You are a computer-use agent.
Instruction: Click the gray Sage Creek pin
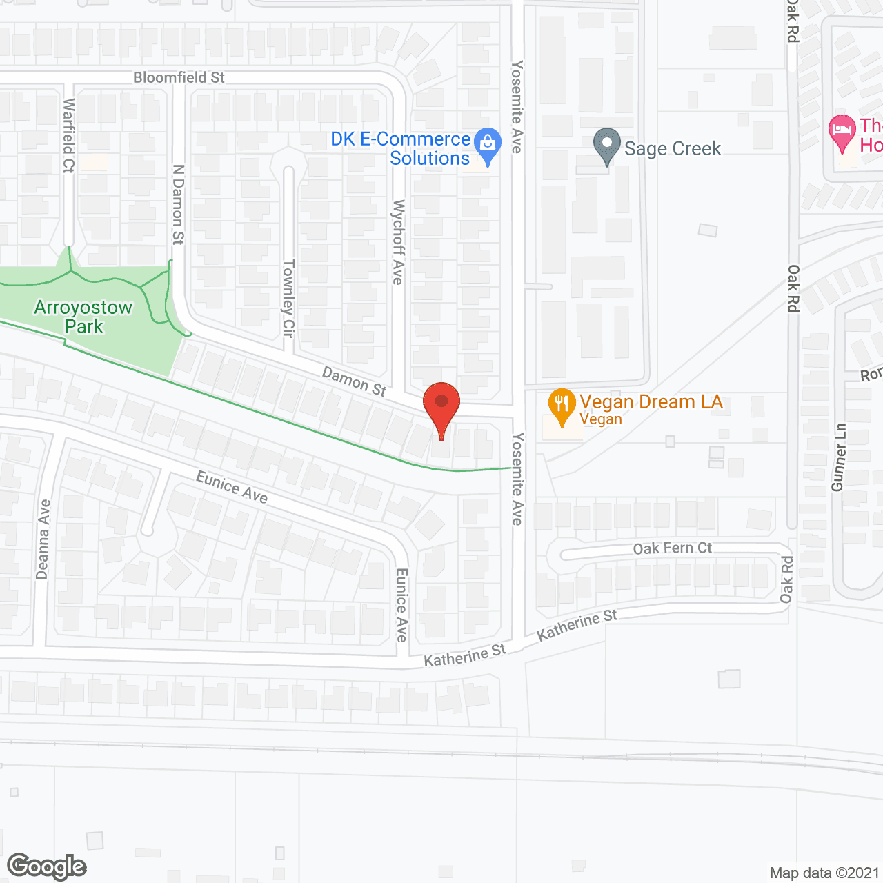[x=607, y=145]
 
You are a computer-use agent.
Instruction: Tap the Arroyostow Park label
[x=83, y=317]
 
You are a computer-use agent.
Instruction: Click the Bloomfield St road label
[x=179, y=77]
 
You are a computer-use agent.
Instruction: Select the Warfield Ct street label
[x=68, y=135]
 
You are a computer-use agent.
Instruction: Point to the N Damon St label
[x=178, y=204]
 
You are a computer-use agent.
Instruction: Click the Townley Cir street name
[x=289, y=298]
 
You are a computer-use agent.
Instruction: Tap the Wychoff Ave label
[x=398, y=242]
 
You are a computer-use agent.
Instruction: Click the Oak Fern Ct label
[x=672, y=548]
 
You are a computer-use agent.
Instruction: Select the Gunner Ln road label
[x=839, y=457]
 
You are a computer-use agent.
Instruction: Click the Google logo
[x=47, y=866]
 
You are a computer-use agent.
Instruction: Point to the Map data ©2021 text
[x=824, y=873]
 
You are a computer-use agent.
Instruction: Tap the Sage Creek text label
[x=672, y=148]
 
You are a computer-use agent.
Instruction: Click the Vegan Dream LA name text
[x=651, y=401]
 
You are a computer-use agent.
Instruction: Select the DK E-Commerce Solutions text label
[x=400, y=148]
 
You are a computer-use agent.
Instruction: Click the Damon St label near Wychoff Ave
[x=355, y=381]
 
